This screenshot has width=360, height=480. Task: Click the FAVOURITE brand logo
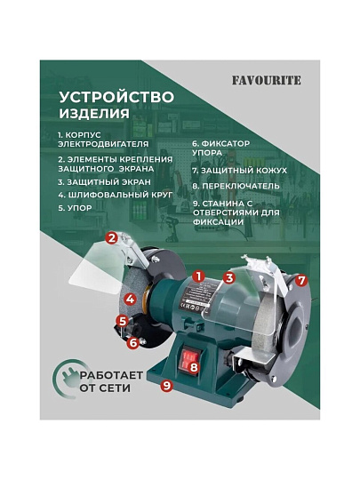click(x=267, y=81)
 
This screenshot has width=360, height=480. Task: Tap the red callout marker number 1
click(x=199, y=276)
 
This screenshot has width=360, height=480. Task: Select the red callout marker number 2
click(x=112, y=237)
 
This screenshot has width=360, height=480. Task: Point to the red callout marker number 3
click(x=229, y=278)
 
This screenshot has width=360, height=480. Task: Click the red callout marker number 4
click(x=131, y=299)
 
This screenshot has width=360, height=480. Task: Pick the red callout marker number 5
click(x=123, y=322)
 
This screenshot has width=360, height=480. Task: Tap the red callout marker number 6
click(x=133, y=342)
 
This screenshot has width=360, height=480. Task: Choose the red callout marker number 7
click(x=301, y=280)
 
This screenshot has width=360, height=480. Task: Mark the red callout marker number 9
click(x=167, y=385)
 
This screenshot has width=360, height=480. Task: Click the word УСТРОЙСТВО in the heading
click(x=116, y=98)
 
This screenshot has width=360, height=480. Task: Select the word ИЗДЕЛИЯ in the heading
click(x=94, y=113)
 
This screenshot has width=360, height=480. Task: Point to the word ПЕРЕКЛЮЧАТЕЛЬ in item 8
click(x=241, y=186)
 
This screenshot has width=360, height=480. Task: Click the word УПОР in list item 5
click(x=80, y=208)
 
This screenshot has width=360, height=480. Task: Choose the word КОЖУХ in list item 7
click(x=272, y=171)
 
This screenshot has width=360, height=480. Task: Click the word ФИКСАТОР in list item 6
click(x=226, y=144)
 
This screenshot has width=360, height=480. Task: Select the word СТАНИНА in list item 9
click(x=223, y=204)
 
